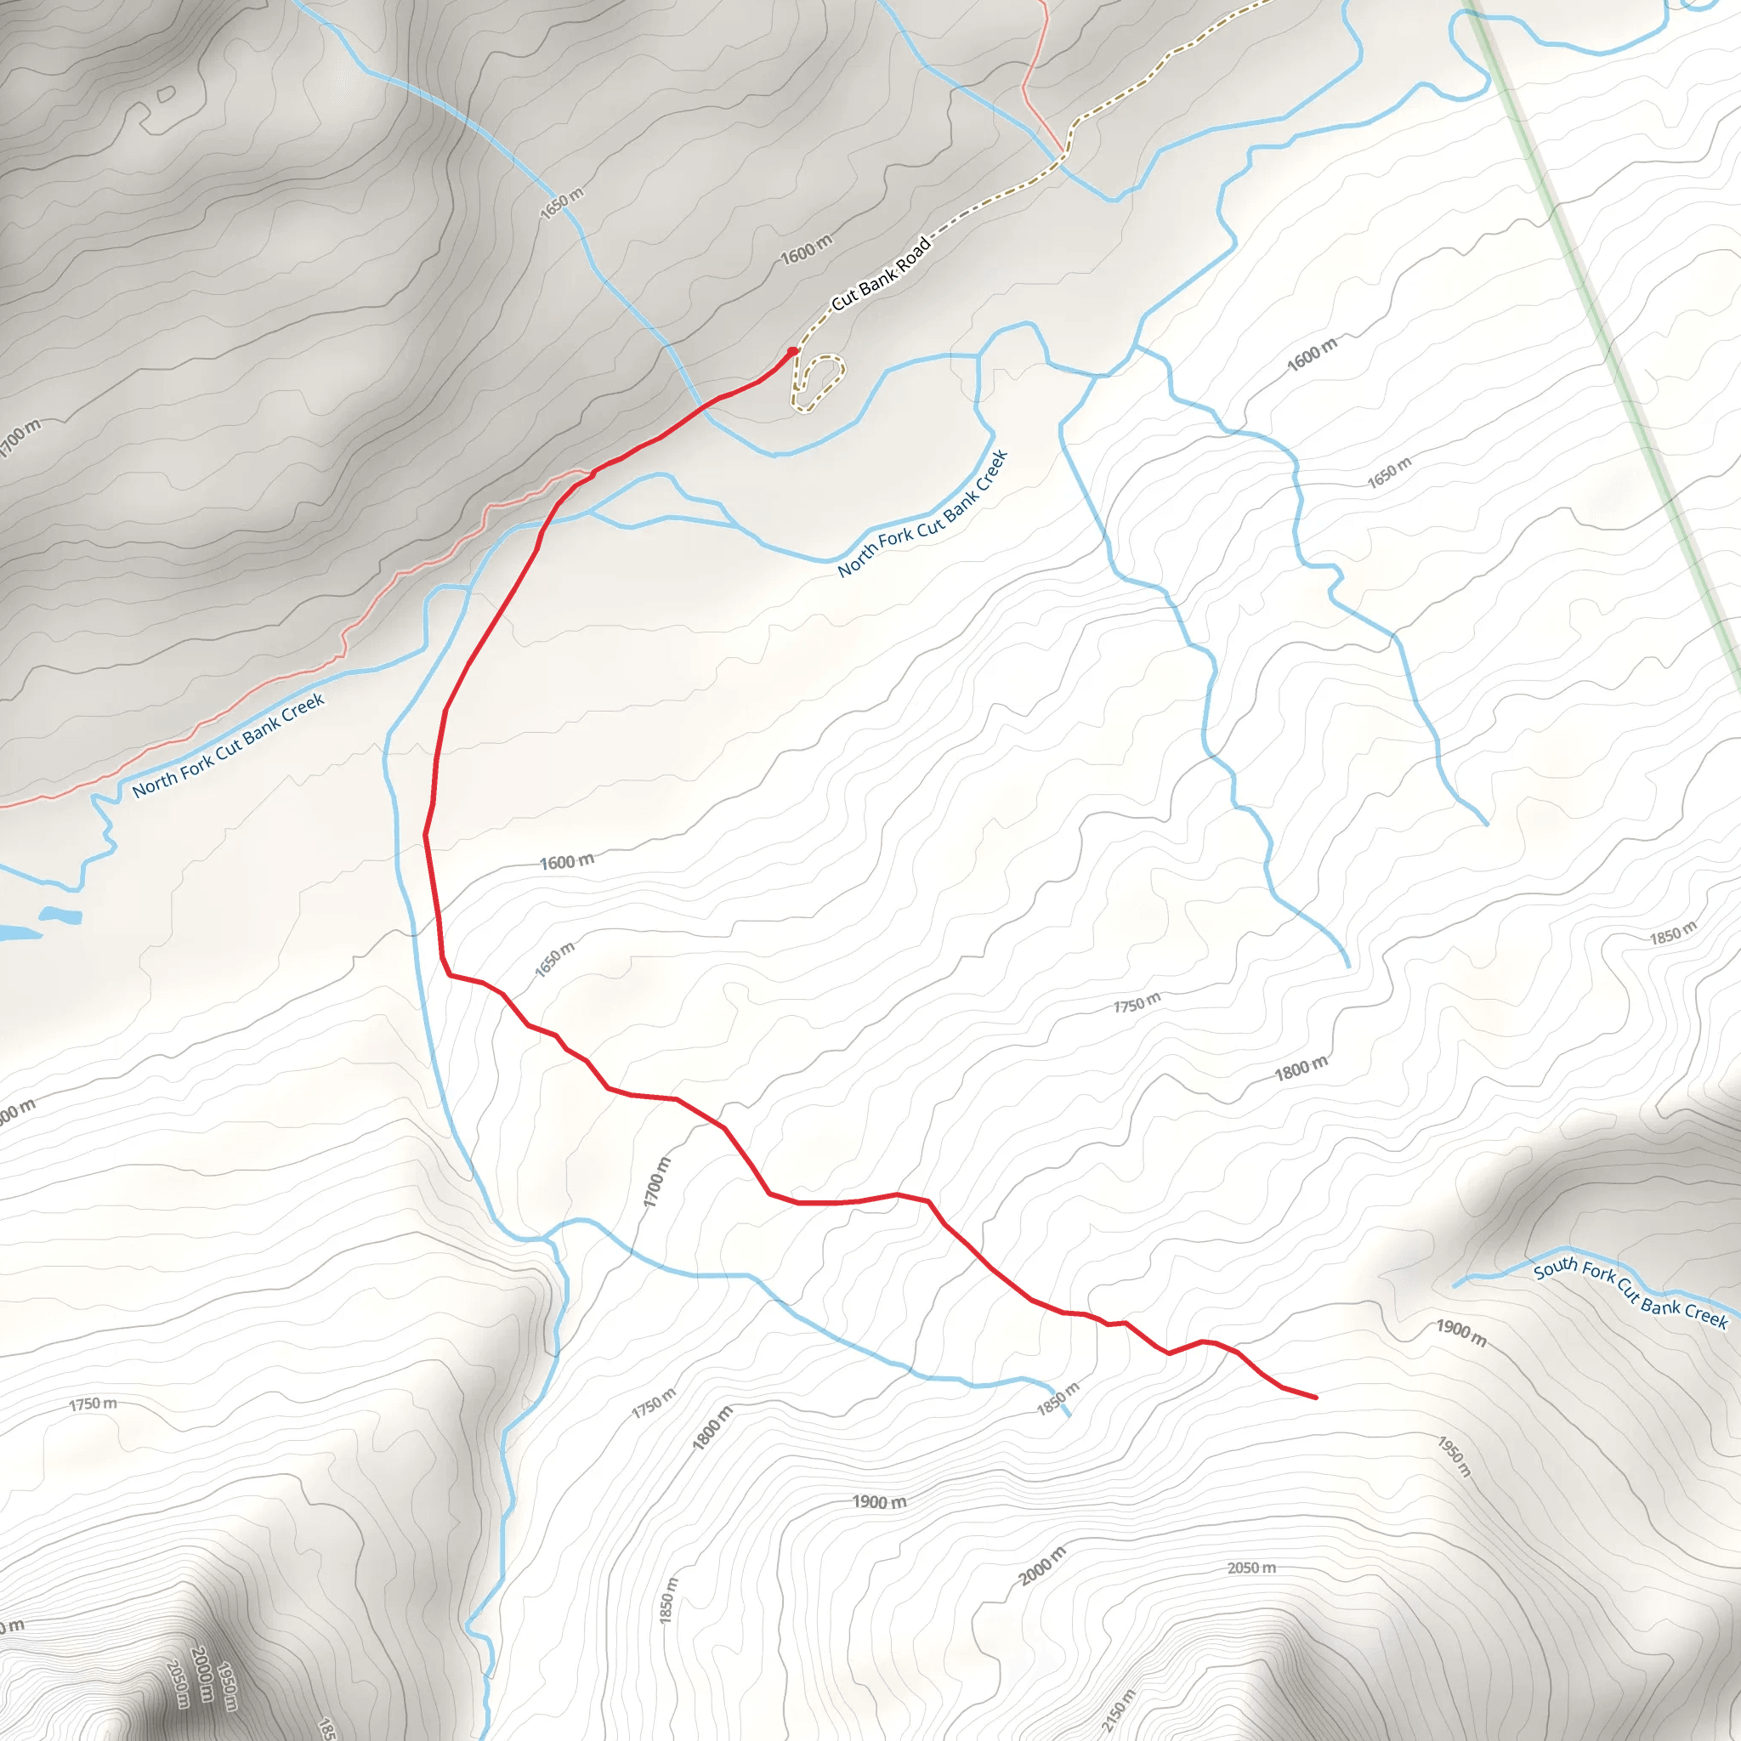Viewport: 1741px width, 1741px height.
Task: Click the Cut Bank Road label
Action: pyautogui.click(x=881, y=274)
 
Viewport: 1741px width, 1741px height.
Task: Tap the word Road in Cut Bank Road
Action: pyautogui.click(x=912, y=253)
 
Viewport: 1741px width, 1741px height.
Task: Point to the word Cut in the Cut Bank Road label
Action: pyautogui.click(x=844, y=298)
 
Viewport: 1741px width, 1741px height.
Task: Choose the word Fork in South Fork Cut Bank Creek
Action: pyautogui.click(x=1600, y=1273)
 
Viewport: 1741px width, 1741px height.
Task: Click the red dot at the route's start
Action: pyautogui.click(x=793, y=351)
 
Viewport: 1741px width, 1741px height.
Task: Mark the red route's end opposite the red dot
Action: pyautogui.click(x=1317, y=1398)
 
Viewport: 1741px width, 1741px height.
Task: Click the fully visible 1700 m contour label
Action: pyautogui.click(x=658, y=1182)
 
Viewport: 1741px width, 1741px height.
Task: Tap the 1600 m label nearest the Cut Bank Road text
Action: pyautogui.click(x=807, y=250)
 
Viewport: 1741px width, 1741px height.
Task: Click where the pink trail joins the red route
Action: pyautogui.click(x=592, y=471)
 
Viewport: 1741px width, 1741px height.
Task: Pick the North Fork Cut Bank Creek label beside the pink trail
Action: pyautogui.click(x=228, y=746)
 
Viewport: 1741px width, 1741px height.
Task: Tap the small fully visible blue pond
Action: pyautogui.click(x=60, y=916)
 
